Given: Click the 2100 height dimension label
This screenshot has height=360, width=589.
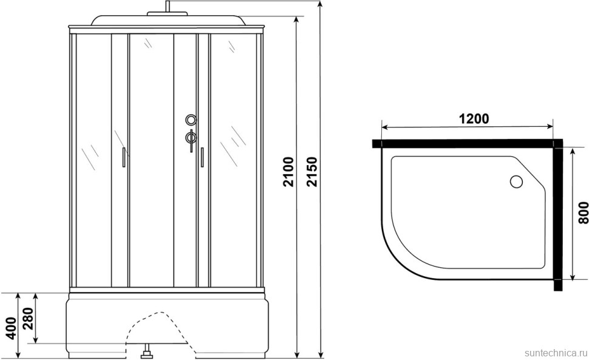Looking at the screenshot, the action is click(x=288, y=172).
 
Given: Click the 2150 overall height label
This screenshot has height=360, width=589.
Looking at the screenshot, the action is click(x=312, y=172).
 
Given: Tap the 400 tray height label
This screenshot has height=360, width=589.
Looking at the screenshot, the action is click(x=12, y=328).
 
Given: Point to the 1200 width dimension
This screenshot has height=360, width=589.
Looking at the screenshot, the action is click(x=474, y=118).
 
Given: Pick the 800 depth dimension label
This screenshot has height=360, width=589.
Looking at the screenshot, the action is click(x=583, y=213).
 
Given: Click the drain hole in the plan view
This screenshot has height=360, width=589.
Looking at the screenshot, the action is click(x=516, y=182).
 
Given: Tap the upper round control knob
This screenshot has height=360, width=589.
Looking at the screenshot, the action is click(x=191, y=120).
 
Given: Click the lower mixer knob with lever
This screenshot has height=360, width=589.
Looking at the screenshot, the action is click(x=191, y=138).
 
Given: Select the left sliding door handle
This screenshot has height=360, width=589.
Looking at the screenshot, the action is click(x=124, y=157).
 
